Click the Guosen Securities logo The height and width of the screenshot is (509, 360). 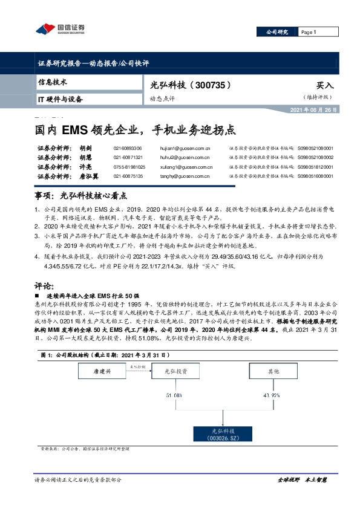(60, 28)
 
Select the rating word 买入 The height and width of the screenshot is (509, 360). (324, 86)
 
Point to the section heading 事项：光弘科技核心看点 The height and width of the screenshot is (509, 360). (82, 196)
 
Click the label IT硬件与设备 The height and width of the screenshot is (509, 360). (61, 99)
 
